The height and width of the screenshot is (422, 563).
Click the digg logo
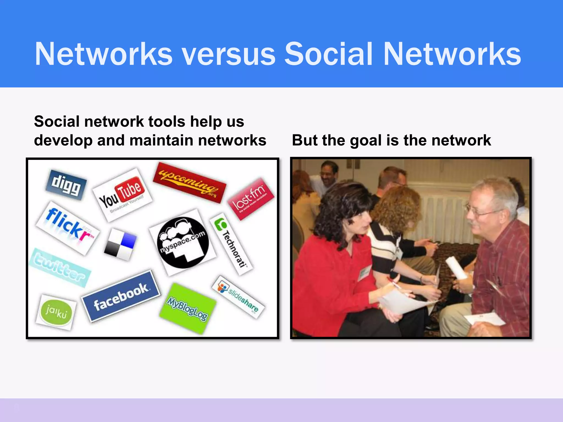66,184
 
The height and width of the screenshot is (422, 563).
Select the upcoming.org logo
189,182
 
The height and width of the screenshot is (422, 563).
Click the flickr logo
68,228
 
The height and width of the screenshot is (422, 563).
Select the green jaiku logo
56,312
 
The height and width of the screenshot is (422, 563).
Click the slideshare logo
238,297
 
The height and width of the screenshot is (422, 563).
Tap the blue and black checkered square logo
120,244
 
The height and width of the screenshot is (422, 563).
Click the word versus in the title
229,54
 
